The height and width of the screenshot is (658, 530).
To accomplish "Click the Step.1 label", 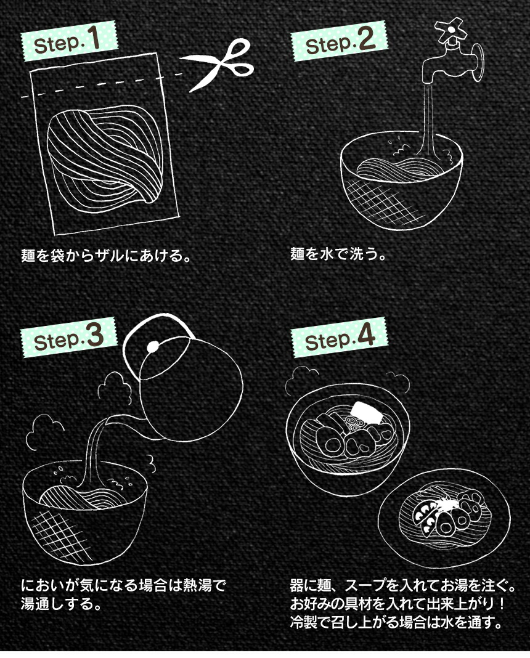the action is [x=69, y=41].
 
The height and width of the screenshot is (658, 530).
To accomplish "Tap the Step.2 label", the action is [x=339, y=41].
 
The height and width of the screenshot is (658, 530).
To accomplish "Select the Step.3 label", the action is [x=69, y=338].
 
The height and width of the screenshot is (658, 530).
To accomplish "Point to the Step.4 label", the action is [x=339, y=338].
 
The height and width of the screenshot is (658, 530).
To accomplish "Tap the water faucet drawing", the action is [x=452, y=63].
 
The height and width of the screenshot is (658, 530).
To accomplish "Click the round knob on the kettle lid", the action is [x=153, y=346].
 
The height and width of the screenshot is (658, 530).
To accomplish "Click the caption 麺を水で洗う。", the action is [x=338, y=253].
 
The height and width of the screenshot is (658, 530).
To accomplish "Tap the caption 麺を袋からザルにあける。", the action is [x=106, y=254].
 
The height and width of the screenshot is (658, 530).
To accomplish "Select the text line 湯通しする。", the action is [x=62, y=604].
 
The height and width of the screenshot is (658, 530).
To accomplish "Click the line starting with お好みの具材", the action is [x=398, y=603].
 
